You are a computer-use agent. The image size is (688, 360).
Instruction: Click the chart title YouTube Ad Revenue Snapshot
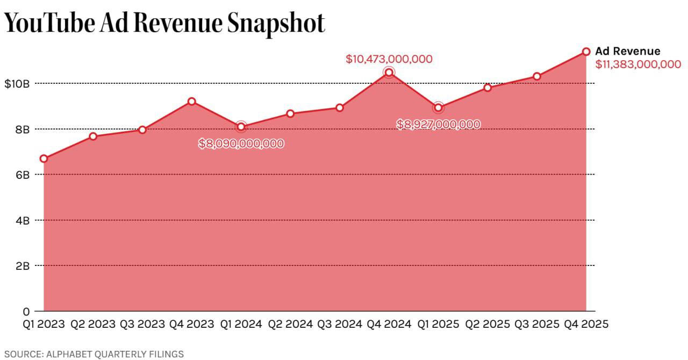pyautogui.click(x=164, y=23)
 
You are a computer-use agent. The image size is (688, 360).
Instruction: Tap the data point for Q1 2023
pyautogui.click(x=44, y=159)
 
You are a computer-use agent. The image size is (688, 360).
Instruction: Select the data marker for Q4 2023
pyautogui.click(x=191, y=102)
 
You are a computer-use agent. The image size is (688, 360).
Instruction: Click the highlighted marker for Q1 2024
pyautogui.click(x=241, y=127)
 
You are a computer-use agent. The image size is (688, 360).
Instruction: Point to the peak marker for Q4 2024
pyautogui.click(x=389, y=73)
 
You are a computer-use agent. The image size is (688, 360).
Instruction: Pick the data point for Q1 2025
pyautogui.click(x=438, y=107)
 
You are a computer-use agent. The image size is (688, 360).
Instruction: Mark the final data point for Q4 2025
pyautogui.click(x=586, y=52)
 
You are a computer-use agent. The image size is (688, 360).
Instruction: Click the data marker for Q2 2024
pyautogui.click(x=290, y=113)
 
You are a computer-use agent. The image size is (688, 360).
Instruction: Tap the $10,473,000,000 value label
pyautogui.click(x=389, y=59)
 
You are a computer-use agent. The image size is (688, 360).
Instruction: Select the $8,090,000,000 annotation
pyautogui.click(x=241, y=143)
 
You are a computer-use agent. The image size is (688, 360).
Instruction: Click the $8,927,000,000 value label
pyautogui.click(x=438, y=124)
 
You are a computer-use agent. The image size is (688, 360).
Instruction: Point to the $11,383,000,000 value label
pyautogui.click(x=638, y=64)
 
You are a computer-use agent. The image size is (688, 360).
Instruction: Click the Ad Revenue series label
pyautogui.click(x=628, y=52)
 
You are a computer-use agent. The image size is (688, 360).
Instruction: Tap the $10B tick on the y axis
pyautogui.click(x=17, y=84)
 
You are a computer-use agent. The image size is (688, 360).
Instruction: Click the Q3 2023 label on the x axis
pyautogui.click(x=142, y=325)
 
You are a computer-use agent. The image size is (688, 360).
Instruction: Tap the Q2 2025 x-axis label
pyautogui.click(x=487, y=325)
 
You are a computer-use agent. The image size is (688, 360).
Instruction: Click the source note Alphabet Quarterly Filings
pyautogui.click(x=94, y=354)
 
